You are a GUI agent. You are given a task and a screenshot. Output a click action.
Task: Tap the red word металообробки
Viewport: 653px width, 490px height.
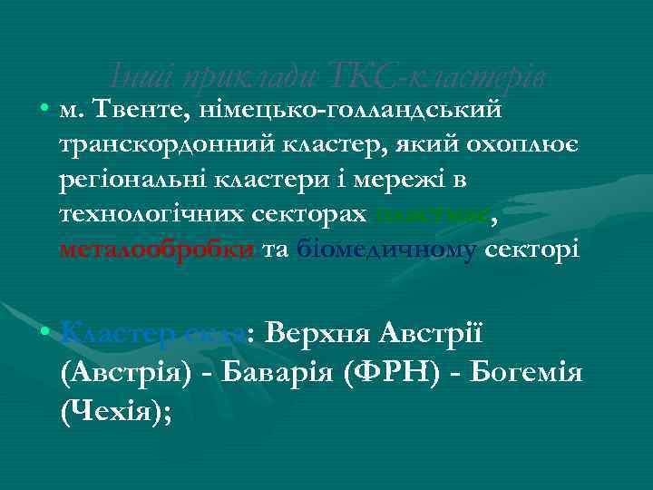pos(157,249)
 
